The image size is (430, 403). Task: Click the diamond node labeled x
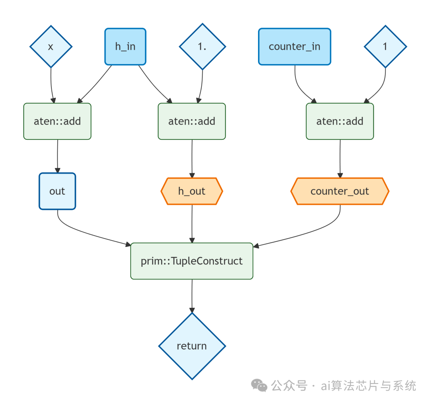click(51, 47)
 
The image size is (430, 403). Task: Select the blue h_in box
click(125, 46)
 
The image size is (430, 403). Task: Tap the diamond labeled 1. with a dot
click(202, 47)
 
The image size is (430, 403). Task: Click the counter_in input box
click(294, 46)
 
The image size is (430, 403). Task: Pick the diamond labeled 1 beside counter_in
click(385, 47)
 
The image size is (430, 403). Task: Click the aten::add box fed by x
click(57, 121)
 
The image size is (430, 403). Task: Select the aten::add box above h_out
click(192, 121)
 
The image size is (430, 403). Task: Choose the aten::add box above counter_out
click(340, 121)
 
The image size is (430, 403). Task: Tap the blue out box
click(57, 191)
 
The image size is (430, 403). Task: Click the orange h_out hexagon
click(192, 191)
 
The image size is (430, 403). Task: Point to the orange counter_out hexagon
click(340, 191)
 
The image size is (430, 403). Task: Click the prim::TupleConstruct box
click(192, 261)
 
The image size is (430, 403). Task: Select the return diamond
click(192, 346)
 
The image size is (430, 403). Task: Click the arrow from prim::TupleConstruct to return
click(192, 295)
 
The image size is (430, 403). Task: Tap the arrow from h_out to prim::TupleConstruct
click(192, 223)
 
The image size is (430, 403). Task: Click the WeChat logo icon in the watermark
click(259, 385)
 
